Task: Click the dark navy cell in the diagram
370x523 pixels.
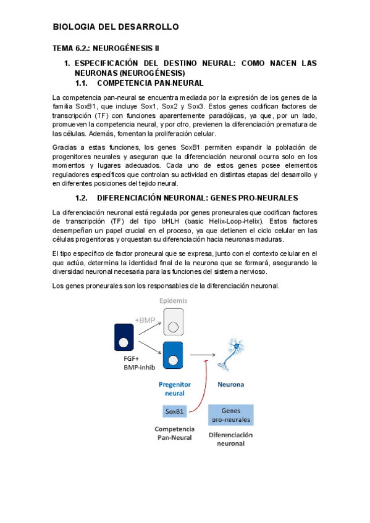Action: [124, 339]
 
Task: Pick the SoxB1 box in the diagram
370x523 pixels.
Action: [174, 411]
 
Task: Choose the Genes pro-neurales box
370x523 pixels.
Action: [230, 414]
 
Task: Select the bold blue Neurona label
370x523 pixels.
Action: [230, 384]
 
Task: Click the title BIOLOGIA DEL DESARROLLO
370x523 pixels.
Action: [116, 27]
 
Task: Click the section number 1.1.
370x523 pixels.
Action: [82, 83]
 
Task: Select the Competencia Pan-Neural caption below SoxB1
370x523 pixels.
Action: [174, 433]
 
